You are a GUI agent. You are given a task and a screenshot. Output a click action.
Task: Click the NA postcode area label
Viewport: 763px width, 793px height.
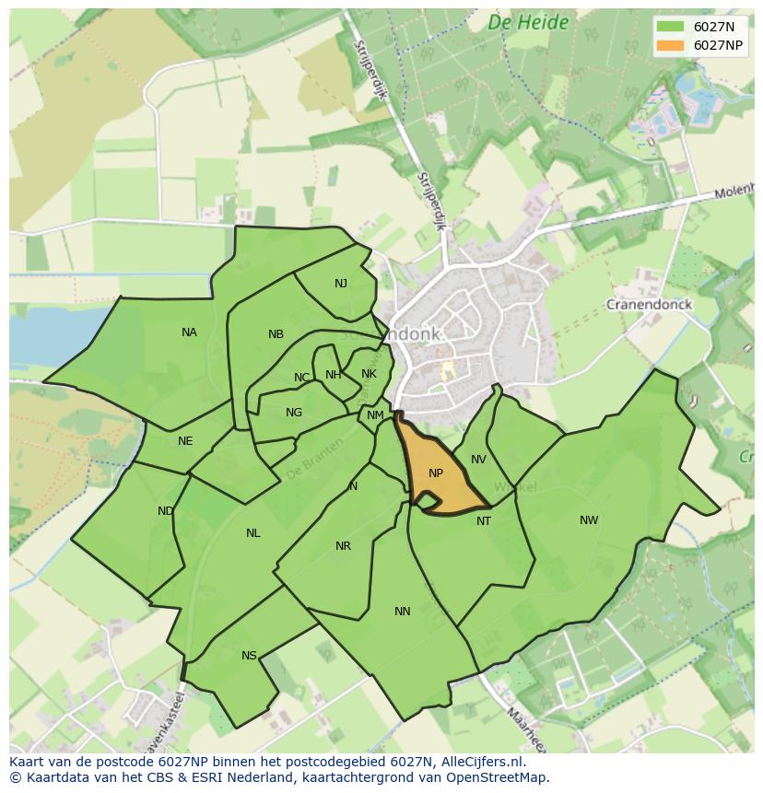point(189,332)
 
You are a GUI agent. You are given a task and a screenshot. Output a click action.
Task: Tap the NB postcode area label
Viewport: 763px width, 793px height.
point(276,334)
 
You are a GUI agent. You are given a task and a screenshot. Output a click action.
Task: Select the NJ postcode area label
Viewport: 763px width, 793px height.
point(341,284)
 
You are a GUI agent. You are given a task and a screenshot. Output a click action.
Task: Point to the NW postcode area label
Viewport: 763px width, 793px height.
point(589,520)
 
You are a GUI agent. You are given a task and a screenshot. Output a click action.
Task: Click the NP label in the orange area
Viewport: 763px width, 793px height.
point(436,473)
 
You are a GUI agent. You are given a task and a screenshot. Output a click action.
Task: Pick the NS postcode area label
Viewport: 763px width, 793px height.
point(249,656)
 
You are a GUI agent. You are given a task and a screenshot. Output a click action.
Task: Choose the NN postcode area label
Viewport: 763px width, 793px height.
point(403,612)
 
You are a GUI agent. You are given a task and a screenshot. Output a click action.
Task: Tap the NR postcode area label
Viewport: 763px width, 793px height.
point(343,546)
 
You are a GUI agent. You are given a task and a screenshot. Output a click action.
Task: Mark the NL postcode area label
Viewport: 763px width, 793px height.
point(253,533)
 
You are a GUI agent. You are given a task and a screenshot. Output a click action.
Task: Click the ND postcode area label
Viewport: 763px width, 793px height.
point(166,511)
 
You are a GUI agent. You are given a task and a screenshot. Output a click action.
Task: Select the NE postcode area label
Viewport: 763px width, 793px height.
point(185,441)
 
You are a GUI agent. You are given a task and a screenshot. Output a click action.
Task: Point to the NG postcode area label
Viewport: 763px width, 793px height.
point(294,413)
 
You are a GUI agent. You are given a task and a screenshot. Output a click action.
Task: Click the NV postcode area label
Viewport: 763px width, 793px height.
point(478,460)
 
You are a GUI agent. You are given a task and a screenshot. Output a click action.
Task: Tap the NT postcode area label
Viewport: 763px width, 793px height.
point(484,521)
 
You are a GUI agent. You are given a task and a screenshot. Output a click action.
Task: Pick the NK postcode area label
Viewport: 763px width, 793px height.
point(369,374)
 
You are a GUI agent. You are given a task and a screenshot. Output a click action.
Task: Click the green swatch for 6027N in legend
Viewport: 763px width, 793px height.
point(669,27)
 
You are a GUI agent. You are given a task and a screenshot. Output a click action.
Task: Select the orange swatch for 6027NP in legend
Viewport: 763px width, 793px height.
point(669,45)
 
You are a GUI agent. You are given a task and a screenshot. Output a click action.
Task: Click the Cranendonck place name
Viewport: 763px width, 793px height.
point(649,305)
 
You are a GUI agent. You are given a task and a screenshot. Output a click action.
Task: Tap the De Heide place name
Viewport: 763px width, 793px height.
point(528,23)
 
